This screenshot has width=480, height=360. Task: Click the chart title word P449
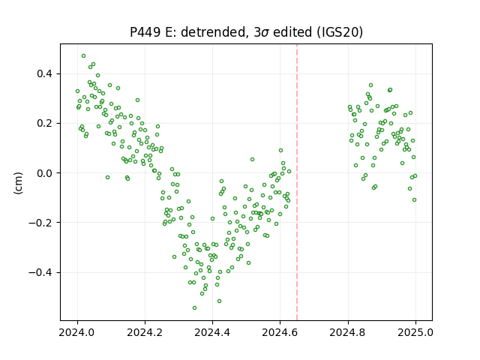click(145, 32)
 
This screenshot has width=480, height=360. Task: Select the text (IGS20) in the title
click(340, 32)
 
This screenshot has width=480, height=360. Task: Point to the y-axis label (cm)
click(18, 183)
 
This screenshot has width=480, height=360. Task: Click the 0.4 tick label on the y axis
click(45, 74)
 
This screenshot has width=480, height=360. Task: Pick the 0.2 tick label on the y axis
click(45, 124)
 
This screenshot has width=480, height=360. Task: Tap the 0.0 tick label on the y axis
click(45, 173)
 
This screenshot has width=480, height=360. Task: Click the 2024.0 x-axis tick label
click(77, 332)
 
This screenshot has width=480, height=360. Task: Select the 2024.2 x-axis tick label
click(145, 332)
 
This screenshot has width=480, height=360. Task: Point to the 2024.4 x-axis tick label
click(212, 332)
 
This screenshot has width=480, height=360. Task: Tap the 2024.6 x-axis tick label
click(280, 332)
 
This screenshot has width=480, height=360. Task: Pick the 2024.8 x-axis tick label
click(348, 332)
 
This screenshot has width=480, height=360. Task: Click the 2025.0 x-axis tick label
click(415, 332)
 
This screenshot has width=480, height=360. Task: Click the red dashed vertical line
click(297, 182)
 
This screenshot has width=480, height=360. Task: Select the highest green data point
click(83, 56)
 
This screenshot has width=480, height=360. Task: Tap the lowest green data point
click(194, 308)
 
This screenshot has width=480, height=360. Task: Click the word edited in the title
click(292, 32)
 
